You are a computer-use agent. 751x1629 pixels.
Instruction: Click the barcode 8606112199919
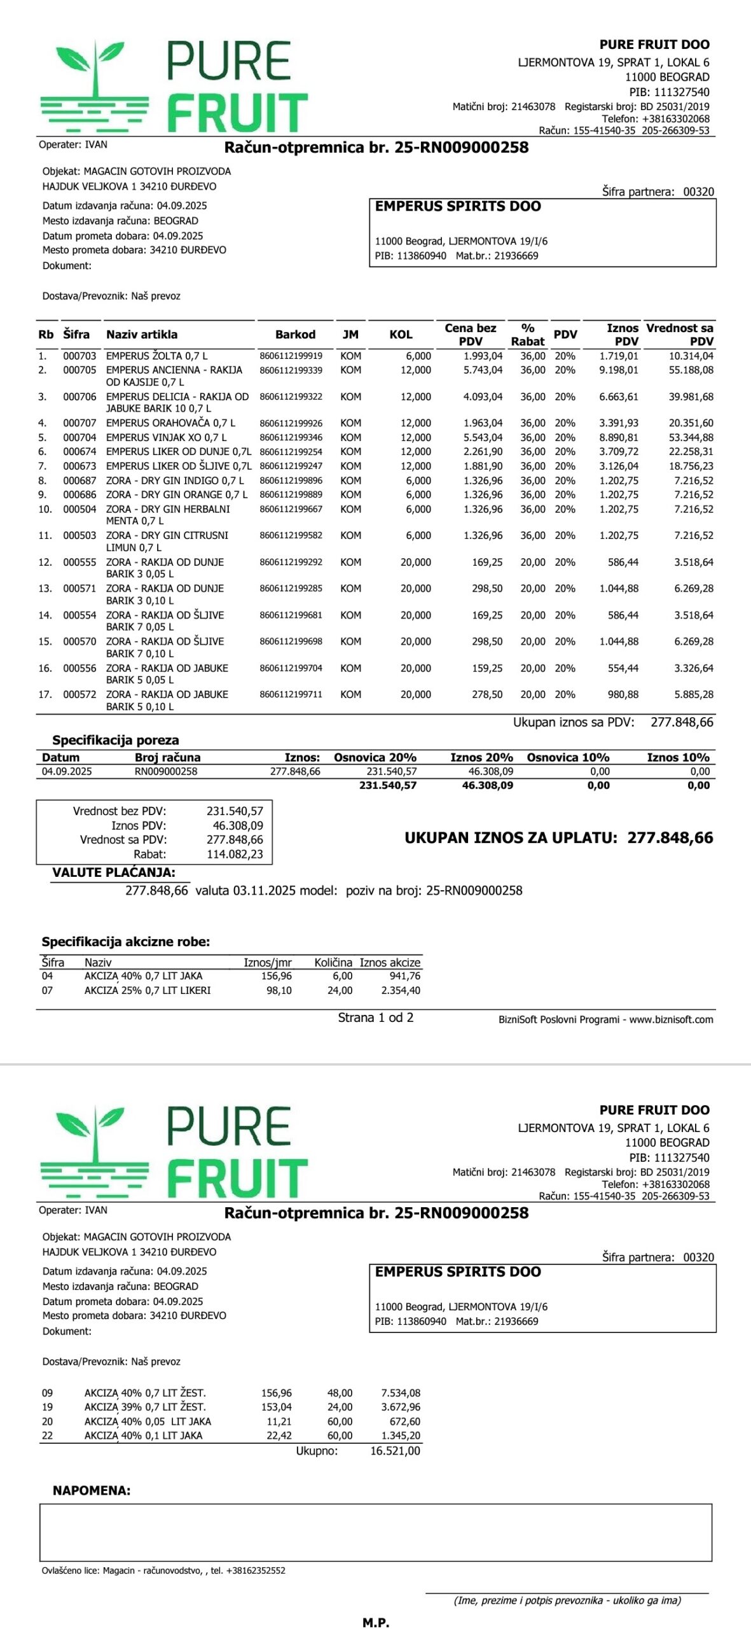[x=291, y=356]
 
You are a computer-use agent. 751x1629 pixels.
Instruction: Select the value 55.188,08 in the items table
[x=691, y=370]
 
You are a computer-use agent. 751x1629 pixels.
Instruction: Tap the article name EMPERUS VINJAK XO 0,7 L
[x=166, y=438]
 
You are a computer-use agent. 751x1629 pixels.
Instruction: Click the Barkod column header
[x=295, y=335]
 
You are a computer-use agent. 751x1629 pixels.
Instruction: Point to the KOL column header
[x=401, y=335]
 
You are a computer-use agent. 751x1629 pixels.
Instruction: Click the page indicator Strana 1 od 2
[x=375, y=1018]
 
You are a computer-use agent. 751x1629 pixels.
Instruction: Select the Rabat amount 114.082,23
[x=235, y=855]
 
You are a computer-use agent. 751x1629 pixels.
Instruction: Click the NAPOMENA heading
[x=92, y=1491]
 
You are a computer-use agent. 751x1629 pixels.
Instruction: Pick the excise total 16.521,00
[x=395, y=1451]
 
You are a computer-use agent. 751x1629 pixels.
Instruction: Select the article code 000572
[x=79, y=695]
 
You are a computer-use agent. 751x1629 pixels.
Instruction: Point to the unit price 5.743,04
[x=483, y=370]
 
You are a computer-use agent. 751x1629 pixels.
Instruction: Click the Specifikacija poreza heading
[x=115, y=741]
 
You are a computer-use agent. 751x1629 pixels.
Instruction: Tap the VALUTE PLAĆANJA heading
[x=114, y=873]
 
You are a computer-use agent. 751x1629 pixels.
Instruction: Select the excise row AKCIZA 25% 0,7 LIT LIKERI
[x=147, y=991]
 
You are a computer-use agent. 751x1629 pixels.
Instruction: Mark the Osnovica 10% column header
[x=568, y=758]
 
